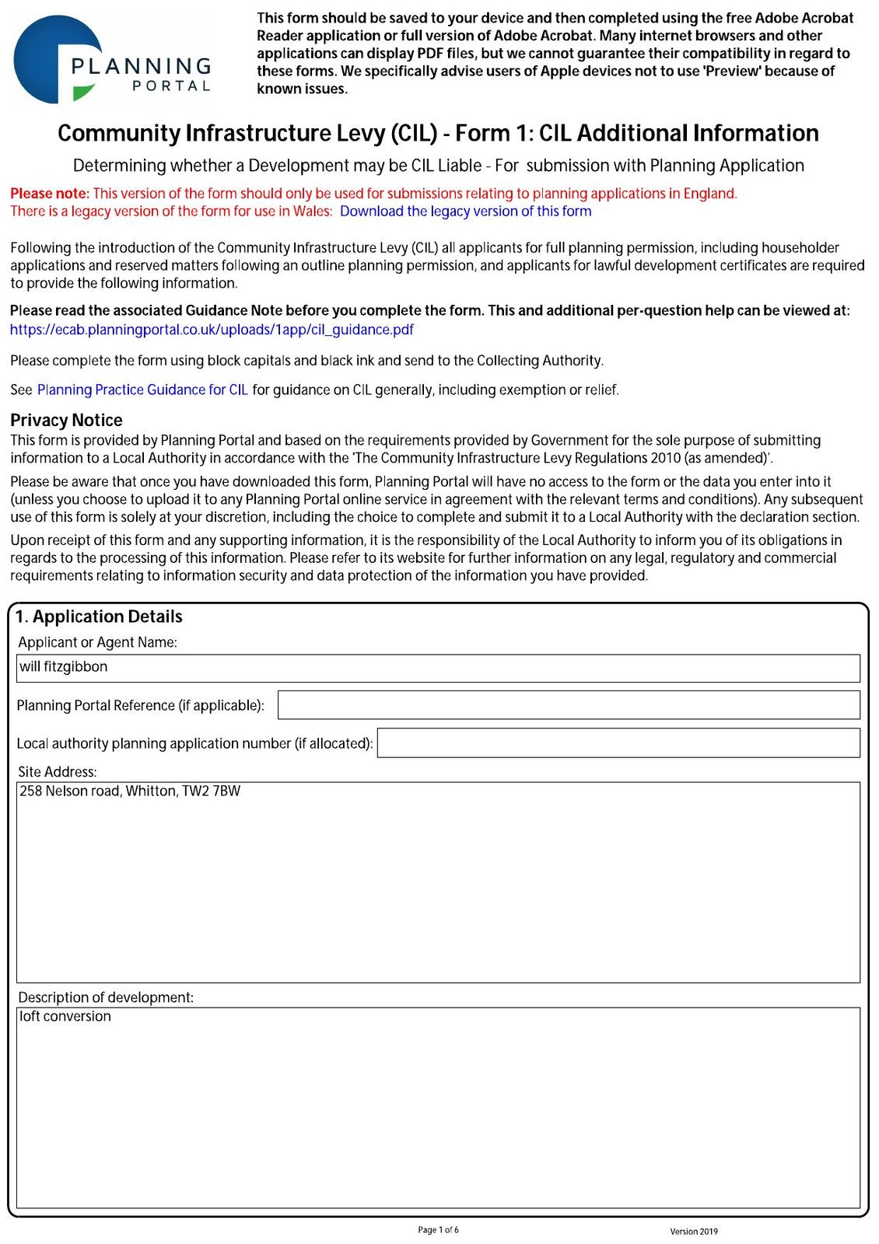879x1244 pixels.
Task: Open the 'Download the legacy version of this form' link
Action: pos(465,211)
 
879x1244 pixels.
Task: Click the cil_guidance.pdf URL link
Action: pos(212,330)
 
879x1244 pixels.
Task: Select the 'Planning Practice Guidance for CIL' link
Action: pos(142,390)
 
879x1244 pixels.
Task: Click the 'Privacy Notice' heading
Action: pos(66,421)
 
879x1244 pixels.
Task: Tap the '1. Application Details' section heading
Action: pos(100,617)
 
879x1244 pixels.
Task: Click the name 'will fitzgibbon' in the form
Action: pos(64,667)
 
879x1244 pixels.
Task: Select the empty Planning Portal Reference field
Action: pos(569,705)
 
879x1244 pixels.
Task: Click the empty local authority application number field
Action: pos(618,743)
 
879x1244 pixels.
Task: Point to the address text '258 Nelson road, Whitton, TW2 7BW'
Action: pos(130,791)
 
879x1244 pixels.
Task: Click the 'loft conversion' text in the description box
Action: pos(65,1017)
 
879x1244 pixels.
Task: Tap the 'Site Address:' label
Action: pos(58,772)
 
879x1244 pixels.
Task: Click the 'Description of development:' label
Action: pos(106,998)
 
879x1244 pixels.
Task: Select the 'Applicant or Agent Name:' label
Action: pos(98,642)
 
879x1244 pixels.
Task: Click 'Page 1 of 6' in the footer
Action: pos(438,1230)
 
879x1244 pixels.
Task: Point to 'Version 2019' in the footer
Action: pos(694,1232)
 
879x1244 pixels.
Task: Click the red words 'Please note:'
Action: pos(50,194)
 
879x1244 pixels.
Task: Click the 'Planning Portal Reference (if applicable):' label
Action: pos(141,706)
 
